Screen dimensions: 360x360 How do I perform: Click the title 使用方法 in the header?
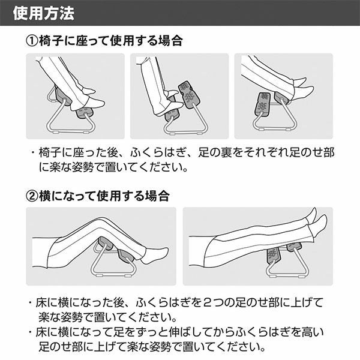[44, 13]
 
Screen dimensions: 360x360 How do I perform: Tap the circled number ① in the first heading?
[32, 41]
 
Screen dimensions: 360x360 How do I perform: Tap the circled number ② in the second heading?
[32, 197]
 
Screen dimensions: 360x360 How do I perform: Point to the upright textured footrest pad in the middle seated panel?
[189, 94]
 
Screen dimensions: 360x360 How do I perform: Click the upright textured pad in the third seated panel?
[263, 104]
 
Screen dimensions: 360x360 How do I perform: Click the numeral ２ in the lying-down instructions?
[207, 302]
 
